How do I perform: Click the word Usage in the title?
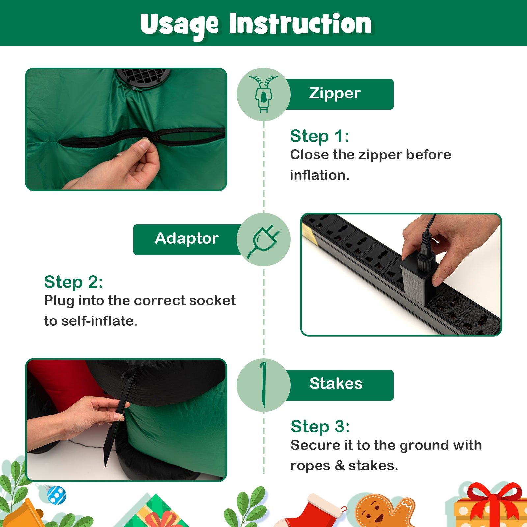click(x=179, y=25)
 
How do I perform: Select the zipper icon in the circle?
click(x=263, y=94)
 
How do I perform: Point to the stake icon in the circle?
click(x=263, y=385)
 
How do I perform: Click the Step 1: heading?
click(x=319, y=136)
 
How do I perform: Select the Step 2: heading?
click(x=73, y=282)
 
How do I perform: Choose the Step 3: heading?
click(x=320, y=427)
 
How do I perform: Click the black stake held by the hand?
click(x=118, y=418)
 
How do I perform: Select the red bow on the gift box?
click(x=494, y=501)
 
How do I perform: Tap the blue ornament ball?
click(x=57, y=495)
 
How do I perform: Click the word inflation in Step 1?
click(x=319, y=175)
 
